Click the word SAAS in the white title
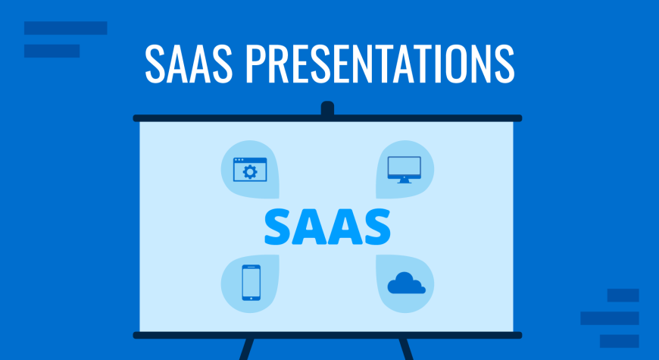coord(189,64)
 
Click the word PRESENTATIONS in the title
coord(380,64)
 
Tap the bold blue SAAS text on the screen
coord(327,227)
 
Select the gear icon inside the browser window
coord(250,172)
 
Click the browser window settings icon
coord(250,170)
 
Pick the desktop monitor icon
coord(404,170)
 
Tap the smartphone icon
coord(251,283)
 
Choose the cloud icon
coord(407,283)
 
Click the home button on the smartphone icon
coord(251,298)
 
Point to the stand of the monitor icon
coord(404,181)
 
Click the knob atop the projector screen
coord(327,108)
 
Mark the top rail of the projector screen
coord(327,118)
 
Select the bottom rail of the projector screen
coord(327,335)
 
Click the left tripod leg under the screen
coord(247,349)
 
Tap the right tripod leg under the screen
coord(407,349)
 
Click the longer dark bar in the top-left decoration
coord(66,28)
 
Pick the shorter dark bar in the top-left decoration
coord(52,51)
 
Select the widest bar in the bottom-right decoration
coord(610,318)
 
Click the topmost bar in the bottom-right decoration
coord(623,296)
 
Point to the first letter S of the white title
coord(155,64)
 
